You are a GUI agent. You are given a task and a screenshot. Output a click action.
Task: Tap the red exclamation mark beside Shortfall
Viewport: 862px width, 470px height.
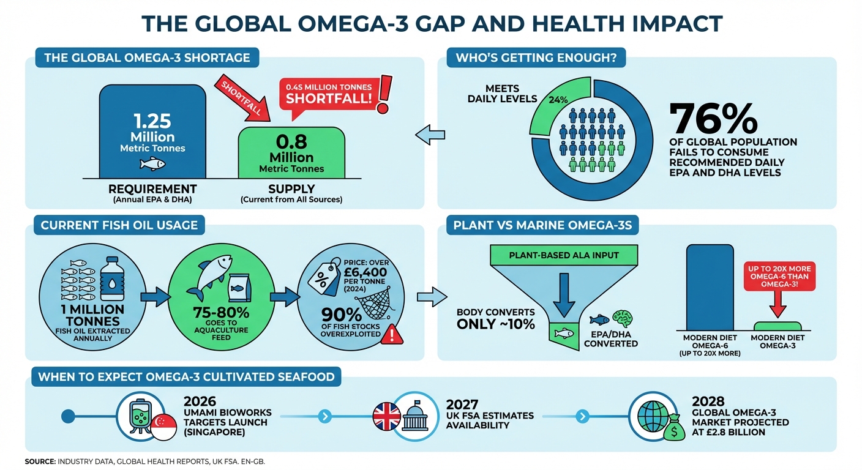coord(384,93)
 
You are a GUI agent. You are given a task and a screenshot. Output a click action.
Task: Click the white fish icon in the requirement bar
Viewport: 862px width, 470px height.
coord(152,163)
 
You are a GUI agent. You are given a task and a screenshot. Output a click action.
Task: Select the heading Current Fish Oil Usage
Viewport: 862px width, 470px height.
coord(119,225)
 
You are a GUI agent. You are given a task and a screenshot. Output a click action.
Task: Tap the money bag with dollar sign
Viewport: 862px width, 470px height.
coord(675,430)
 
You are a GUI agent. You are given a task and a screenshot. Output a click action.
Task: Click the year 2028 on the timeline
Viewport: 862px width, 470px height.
coord(708,402)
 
